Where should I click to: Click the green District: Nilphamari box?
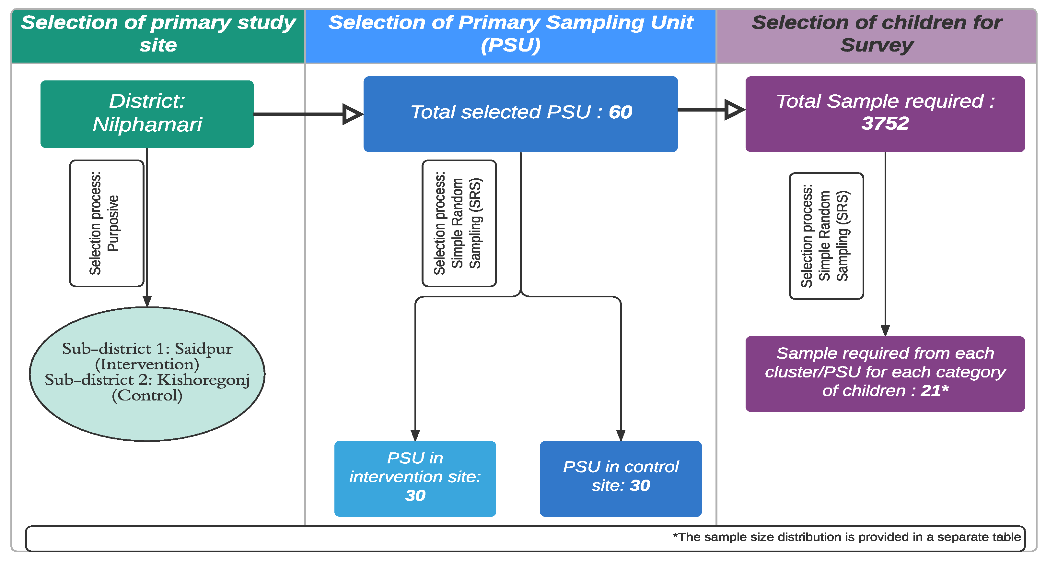click(x=147, y=114)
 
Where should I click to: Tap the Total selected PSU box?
click(x=520, y=114)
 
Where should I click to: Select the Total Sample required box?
click(x=885, y=114)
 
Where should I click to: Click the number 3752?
click(x=885, y=124)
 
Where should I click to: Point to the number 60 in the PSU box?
click(x=621, y=112)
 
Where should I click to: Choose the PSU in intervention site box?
click(x=415, y=479)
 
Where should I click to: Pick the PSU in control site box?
click(x=621, y=479)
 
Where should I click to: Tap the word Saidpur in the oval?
click(x=203, y=349)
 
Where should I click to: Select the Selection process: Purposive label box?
click(x=107, y=223)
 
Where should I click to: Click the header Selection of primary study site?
click(x=158, y=33)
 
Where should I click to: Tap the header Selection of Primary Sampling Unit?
click(x=510, y=33)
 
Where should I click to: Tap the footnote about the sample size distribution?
click(x=847, y=537)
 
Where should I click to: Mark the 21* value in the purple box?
click(x=935, y=391)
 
